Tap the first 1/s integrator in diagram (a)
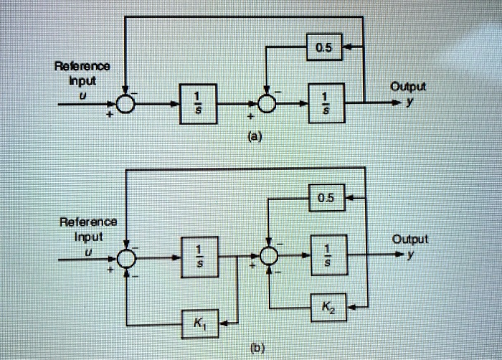coord(200,103)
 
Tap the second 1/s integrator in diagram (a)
coord(326,103)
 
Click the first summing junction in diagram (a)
coord(126,104)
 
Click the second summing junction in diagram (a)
coord(267,104)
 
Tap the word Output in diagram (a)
coord(408,87)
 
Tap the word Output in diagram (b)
coord(410,240)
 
